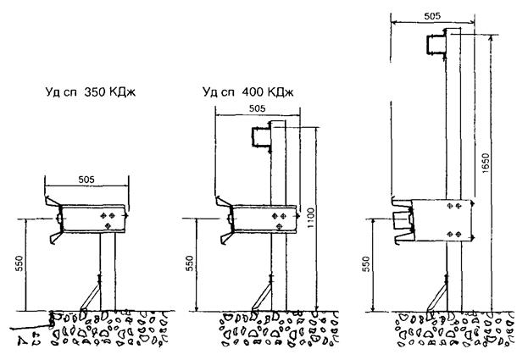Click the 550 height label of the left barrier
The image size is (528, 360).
pos(19,265)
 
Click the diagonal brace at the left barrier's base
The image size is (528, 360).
pos(87,296)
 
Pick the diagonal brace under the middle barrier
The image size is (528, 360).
pos(258,296)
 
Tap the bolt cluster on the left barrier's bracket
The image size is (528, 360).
pos(108,219)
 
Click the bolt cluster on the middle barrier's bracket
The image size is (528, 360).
pos(276,219)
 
